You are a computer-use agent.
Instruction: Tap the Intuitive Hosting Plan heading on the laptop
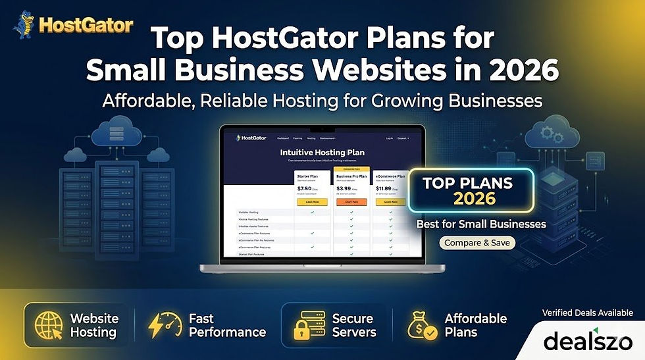click(x=322, y=153)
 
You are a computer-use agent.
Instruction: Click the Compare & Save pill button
click(x=477, y=243)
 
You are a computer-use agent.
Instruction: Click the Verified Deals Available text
click(x=587, y=313)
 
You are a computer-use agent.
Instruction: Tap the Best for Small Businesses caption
click(x=481, y=224)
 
